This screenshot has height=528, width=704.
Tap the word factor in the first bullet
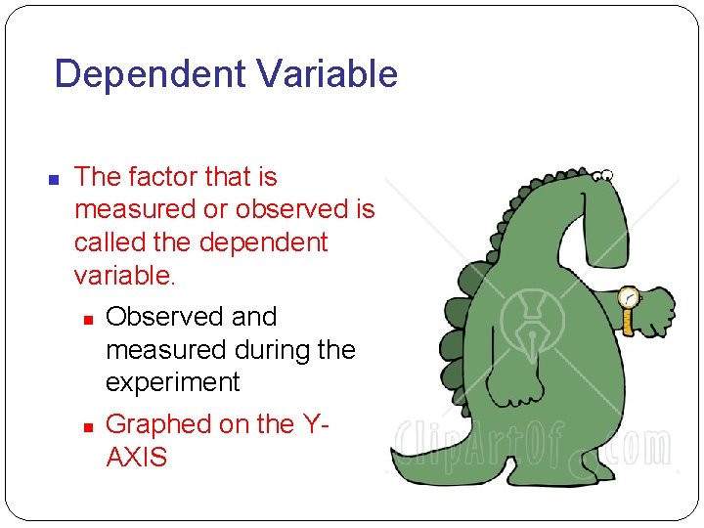[161, 177]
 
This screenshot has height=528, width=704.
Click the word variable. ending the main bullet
[125, 275]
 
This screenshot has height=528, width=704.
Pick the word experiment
[172, 382]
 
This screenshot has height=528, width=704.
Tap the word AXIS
[136, 457]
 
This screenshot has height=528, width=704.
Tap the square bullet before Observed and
[87, 319]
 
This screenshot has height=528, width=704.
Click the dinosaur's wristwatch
[628, 298]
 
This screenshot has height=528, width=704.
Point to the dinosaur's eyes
[605, 176]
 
